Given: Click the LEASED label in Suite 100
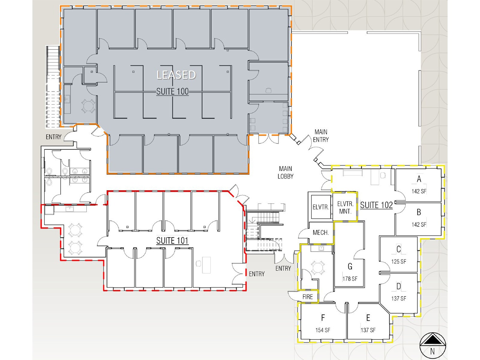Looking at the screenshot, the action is coord(176,75).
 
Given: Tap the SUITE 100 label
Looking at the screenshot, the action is coord(172,91).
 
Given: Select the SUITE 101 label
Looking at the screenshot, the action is coord(172,241).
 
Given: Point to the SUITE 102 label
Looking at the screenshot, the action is coord(376,205).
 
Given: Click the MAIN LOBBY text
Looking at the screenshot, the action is coord(285,172).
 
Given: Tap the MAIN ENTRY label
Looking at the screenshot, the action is coord(321,136).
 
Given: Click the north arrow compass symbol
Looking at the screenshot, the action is coord(433,345).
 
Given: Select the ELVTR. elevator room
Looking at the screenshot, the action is coord(321,207).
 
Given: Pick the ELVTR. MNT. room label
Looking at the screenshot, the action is coord(345,208).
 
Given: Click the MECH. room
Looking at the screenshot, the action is coord(321,232).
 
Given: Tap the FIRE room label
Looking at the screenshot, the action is coord(307,297).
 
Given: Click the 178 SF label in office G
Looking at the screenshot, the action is coord(350,279).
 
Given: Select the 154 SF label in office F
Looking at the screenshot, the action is coord(323,330).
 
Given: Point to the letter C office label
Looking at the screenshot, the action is coord(399,249).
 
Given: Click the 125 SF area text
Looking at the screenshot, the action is coord(399,261).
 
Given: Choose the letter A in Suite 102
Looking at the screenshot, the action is coord(419,179).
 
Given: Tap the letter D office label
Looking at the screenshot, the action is coord(399,286).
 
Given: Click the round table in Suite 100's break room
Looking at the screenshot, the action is coord(88,106).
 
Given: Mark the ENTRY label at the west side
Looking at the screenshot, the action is coord(53,137).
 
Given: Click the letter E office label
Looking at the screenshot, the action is coord(368,318).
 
